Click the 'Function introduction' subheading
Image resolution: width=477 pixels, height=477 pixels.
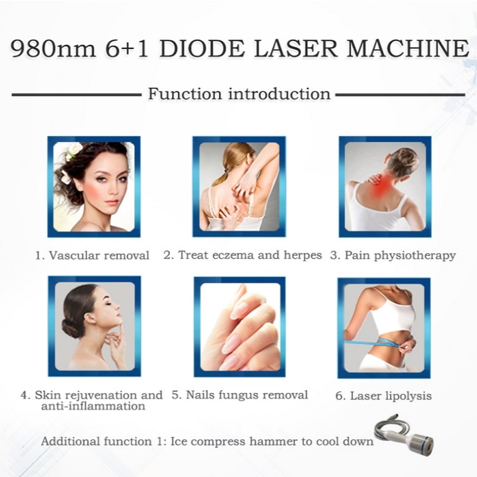click(x=238, y=94)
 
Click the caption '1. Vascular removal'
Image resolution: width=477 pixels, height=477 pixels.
click(x=92, y=255)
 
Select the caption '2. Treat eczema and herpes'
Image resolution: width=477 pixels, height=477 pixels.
click(x=243, y=255)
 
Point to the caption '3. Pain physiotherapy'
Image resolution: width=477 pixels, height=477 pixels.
click(x=393, y=255)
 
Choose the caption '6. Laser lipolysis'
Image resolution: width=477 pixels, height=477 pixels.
click(x=383, y=395)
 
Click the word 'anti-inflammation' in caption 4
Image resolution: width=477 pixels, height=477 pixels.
click(x=93, y=406)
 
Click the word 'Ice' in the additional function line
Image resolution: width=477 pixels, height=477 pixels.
click(x=180, y=442)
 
